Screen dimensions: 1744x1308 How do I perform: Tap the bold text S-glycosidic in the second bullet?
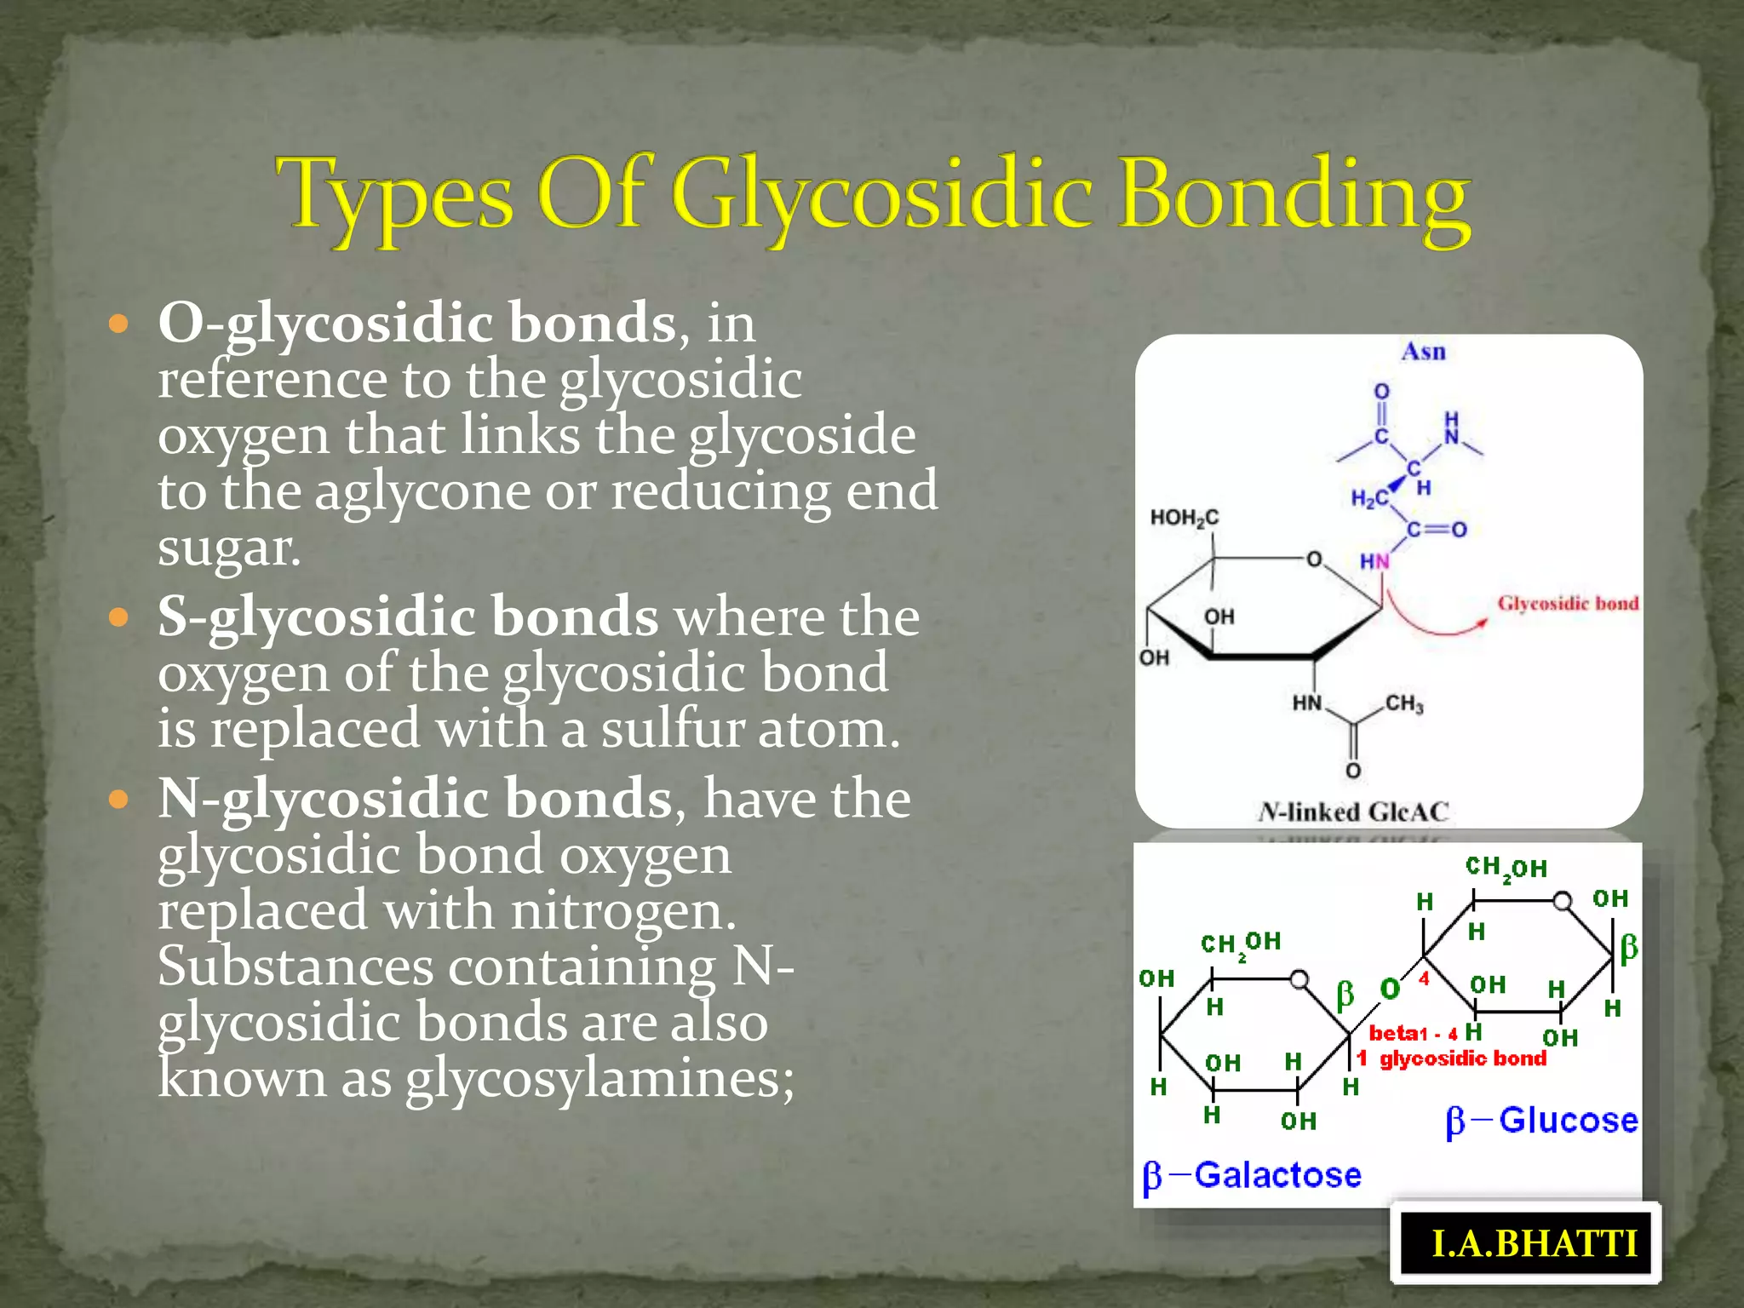[317, 616]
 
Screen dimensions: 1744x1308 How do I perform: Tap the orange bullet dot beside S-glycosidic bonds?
[118, 617]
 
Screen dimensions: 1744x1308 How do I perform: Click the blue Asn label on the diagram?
[1423, 352]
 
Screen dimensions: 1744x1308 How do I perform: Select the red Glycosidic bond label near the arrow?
[1568, 603]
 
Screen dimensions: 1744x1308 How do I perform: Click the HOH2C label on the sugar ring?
[1184, 518]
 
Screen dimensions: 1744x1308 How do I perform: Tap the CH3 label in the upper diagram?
[1404, 704]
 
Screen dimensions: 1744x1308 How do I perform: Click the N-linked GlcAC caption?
[1353, 812]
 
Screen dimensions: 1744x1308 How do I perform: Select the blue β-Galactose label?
[1252, 1176]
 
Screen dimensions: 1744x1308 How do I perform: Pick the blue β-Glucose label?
[1541, 1121]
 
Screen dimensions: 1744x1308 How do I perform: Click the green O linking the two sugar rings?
[1390, 989]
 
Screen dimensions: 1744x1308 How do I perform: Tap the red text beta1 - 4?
[1413, 1034]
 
